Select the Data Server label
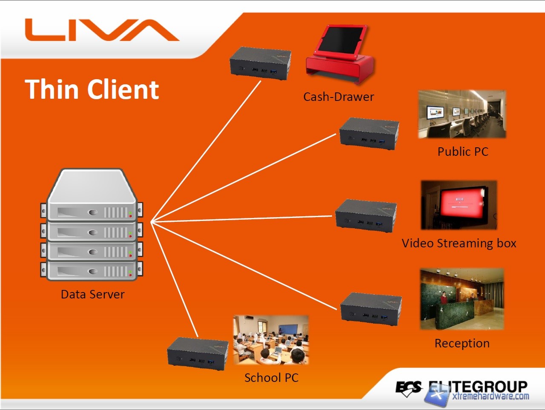pyautogui.click(x=92, y=294)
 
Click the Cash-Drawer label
pyautogui.click(x=338, y=97)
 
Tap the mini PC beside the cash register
pyautogui.click(x=260, y=64)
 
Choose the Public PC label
pyautogui.click(x=463, y=152)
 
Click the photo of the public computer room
pyautogui.click(x=462, y=114)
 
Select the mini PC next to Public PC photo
pyautogui.click(x=369, y=134)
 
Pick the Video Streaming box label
pyautogui.click(x=459, y=243)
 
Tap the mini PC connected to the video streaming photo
pyautogui.click(x=366, y=215)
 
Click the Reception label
pyautogui.click(x=462, y=343)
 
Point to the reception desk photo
pyautogui.click(x=462, y=299)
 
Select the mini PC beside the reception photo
pyautogui.click(x=371, y=309)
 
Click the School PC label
pyautogui.click(x=271, y=378)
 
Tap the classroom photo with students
pyautogui.click(x=271, y=340)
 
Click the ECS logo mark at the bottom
pyautogui.click(x=408, y=388)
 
